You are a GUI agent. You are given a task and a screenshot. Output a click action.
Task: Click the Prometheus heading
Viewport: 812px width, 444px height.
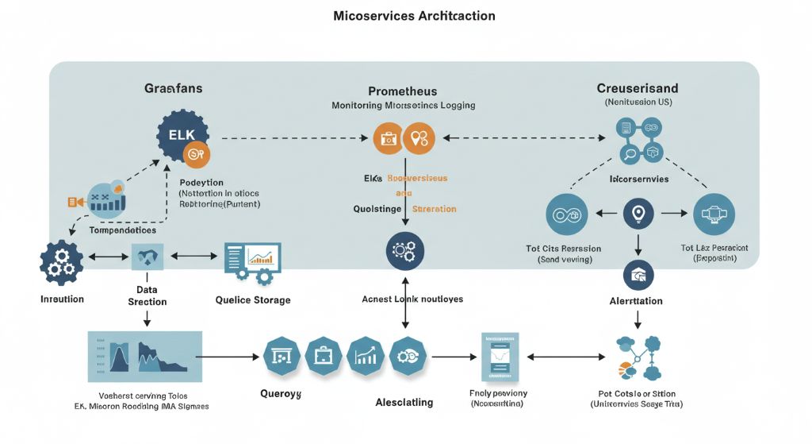pos(402,91)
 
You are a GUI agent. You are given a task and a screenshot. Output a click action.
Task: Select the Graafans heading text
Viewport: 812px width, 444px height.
pos(173,88)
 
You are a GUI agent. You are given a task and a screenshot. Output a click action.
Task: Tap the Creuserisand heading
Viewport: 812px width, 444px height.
pos(637,87)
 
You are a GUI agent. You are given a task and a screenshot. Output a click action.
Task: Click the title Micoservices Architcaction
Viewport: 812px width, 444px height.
pos(414,16)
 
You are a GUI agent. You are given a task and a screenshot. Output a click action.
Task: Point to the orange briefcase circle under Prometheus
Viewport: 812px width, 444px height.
pos(388,138)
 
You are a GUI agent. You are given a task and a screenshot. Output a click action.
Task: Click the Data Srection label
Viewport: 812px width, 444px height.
pos(147,296)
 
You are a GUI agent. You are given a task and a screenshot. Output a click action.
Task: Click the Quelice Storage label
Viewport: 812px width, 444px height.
pos(253,300)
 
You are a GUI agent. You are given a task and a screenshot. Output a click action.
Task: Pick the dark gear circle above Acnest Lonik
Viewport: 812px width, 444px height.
pos(404,252)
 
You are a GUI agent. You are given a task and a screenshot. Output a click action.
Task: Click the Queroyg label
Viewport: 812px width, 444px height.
pos(281,393)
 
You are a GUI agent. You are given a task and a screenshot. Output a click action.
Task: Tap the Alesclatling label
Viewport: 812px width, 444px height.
pos(404,402)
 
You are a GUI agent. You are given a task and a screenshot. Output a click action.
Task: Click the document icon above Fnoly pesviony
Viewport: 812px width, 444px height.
pos(499,357)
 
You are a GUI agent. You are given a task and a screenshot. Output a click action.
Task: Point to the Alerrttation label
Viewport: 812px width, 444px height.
pos(637,301)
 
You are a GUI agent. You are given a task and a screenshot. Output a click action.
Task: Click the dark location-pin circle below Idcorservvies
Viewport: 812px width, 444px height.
pos(638,213)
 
